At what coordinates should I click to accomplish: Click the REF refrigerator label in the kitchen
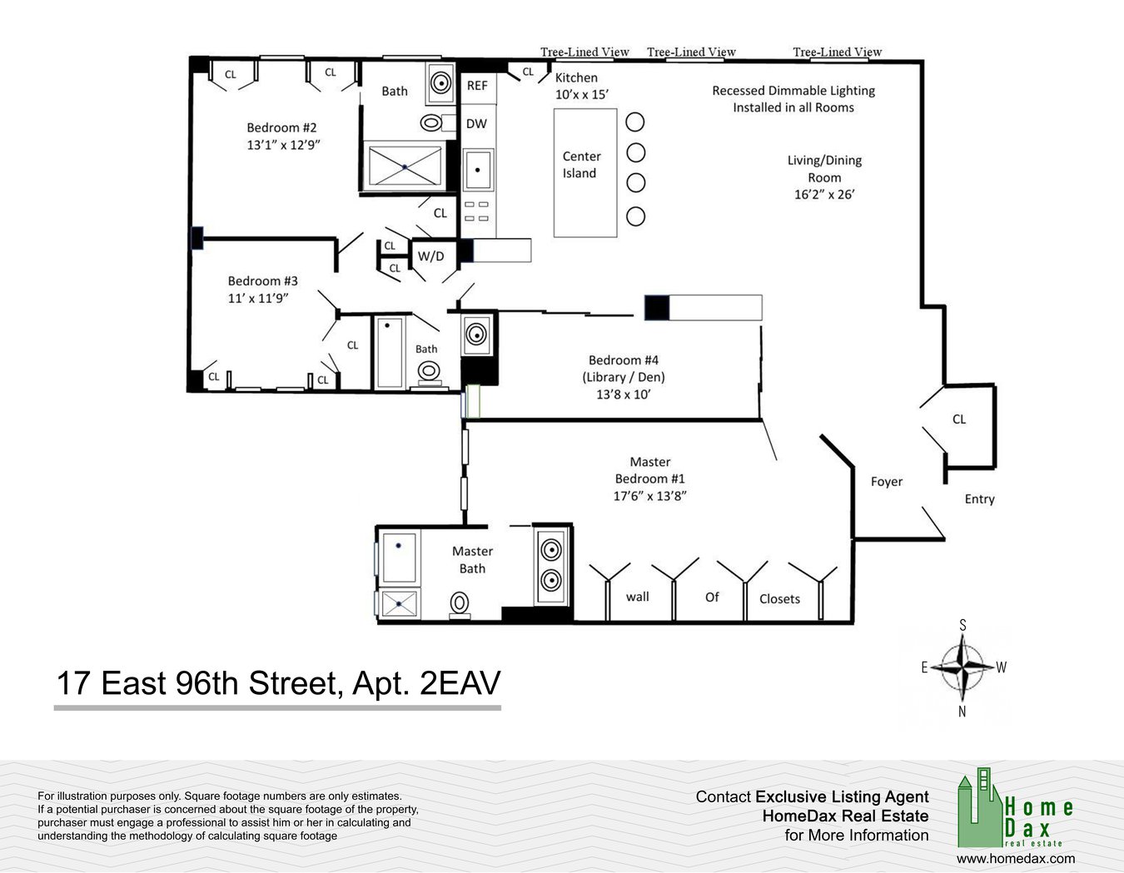(x=477, y=85)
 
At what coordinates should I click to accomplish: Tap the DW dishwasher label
(x=476, y=123)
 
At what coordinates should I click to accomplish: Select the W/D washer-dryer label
(x=430, y=255)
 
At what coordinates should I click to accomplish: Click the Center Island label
(x=581, y=165)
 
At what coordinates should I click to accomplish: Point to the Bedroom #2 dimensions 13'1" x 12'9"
(x=283, y=145)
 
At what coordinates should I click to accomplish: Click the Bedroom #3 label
(x=263, y=280)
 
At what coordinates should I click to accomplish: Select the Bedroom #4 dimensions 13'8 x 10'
(x=624, y=394)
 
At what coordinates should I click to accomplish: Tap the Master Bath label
(x=472, y=560)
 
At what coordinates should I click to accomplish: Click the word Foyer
(x=887, y=482)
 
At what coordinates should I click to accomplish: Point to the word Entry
(x=980, y=499)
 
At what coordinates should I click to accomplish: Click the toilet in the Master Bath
(x=460, y=605)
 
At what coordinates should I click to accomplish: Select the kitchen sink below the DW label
(x=477, y=170)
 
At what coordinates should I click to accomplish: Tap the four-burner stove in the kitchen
(x=476, y=211)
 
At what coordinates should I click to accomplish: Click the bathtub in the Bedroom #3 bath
(x=390, y=353)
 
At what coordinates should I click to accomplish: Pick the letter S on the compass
(x=962, y=626)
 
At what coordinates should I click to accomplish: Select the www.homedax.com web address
(x=1016, y=859)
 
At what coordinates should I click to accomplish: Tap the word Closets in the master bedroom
(x=779, y=599)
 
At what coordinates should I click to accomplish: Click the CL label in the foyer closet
(x=959, y=419)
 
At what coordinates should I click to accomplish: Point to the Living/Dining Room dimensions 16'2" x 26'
(x=824, y=195)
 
